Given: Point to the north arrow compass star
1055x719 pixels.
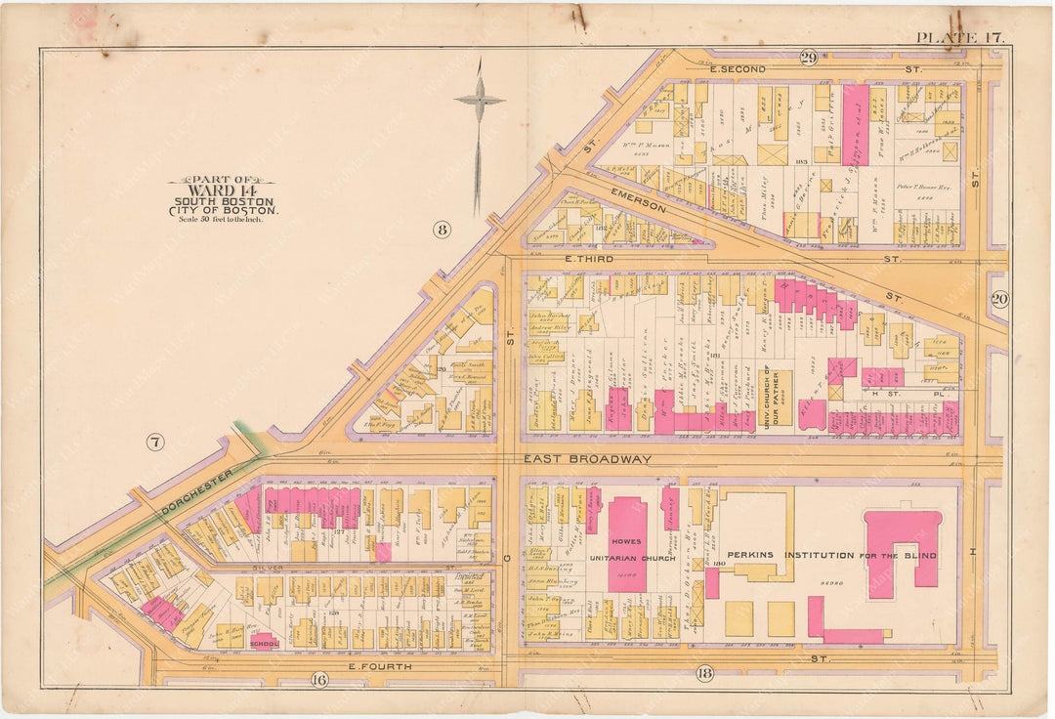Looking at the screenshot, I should coord(479,101).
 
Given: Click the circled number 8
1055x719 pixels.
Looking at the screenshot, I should coord(443,231).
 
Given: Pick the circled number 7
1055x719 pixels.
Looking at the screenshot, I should coord(154,443).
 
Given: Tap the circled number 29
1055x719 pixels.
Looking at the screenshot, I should coord(808,58).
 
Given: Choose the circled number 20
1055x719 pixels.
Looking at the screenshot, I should coord(999,300).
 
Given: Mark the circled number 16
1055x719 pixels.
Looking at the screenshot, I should coord(318,680).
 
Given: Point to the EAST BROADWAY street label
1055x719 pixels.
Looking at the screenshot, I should coord(587,458).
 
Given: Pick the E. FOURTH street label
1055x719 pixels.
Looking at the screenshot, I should coord(382,666).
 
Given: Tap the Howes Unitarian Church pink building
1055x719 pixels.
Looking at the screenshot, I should coord(626,543).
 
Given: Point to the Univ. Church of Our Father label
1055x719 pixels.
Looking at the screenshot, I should coord(769,401).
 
